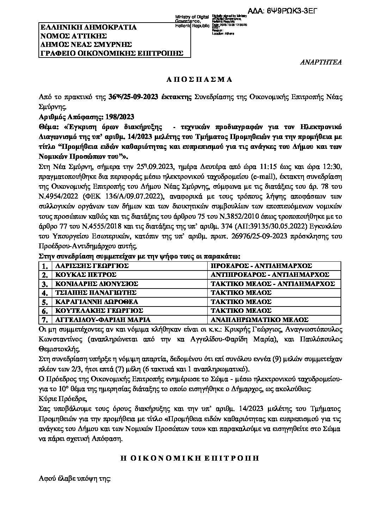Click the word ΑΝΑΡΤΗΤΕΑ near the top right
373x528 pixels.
320,62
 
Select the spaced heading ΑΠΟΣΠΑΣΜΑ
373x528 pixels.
199,79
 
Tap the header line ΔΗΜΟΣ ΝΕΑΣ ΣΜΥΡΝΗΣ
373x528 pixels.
86,44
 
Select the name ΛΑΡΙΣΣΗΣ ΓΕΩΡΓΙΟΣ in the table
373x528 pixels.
90,266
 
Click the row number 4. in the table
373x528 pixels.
44,293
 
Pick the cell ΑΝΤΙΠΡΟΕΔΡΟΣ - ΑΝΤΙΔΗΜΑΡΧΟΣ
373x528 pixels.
270,275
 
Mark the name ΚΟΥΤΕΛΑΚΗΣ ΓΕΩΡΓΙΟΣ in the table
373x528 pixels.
97,311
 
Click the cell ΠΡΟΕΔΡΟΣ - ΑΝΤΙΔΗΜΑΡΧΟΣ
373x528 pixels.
261,266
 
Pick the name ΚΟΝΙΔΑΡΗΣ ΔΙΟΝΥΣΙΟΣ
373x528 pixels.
95,284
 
